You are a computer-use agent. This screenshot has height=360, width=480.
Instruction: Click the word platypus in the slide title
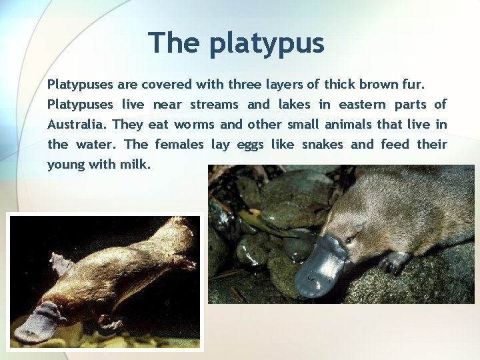coord(266,44)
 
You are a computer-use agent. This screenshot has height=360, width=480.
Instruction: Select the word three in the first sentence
coord(246,85)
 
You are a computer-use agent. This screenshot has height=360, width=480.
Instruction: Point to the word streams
coord(214,105)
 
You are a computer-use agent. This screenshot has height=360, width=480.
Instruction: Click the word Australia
coord(77,125)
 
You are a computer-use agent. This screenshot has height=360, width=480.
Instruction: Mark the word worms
coord(194,125)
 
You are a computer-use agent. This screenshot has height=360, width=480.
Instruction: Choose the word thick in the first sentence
coord(339,85)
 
